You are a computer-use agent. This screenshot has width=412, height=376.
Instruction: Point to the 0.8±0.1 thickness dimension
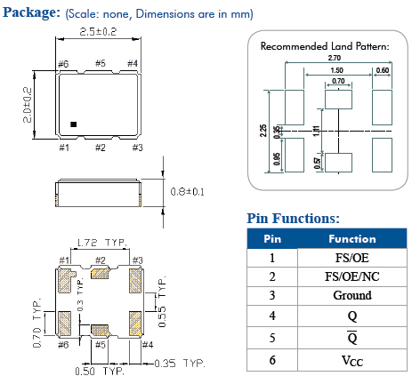pos(187,190)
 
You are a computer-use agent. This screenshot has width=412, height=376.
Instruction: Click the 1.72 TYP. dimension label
pos(100,242)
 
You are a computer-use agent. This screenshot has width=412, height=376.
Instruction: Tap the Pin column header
pos(271,238)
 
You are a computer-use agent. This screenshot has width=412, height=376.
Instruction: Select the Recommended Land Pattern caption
pos(324,45)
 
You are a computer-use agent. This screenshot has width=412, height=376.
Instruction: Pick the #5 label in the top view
pos(100,63)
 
